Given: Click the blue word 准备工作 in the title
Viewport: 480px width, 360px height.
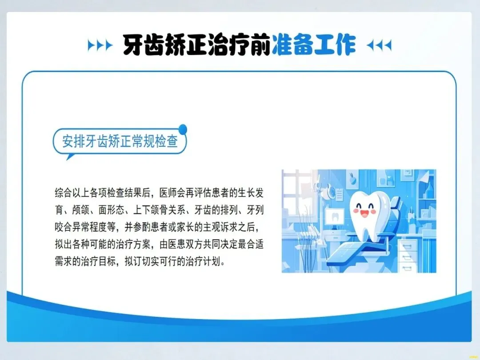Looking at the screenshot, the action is [313, 45].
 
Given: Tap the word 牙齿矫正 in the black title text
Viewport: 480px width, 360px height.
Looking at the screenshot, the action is [165, 45].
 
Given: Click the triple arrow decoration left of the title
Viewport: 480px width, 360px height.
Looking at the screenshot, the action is [100, 45].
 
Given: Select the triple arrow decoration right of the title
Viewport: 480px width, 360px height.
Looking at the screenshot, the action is [379, 45].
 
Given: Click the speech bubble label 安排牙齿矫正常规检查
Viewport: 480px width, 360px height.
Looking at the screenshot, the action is [120, 141].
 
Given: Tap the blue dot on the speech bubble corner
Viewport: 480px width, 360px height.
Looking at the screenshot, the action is [183, 129].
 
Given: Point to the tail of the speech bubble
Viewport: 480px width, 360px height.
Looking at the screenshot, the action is [70, 157].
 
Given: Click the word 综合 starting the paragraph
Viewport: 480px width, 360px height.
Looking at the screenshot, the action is [64, 193].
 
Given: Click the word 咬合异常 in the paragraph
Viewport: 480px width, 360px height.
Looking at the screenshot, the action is [72, 227].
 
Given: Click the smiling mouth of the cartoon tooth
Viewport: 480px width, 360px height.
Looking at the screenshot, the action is [364, 213].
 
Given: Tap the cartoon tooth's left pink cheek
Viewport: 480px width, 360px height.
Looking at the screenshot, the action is [356, 211].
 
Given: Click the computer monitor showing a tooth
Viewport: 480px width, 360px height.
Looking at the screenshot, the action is [335, 217].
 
